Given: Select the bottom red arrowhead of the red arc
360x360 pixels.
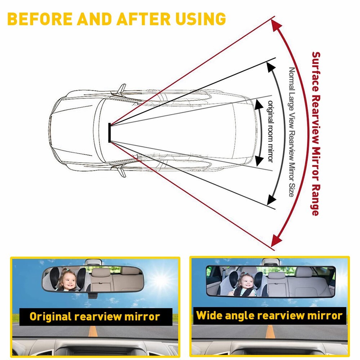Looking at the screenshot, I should click(276, 239).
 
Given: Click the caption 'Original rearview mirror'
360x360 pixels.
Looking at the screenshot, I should click(95, 316).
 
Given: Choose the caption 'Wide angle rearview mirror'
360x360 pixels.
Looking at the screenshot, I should click(269, 316).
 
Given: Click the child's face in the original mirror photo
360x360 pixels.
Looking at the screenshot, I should click(67, 280).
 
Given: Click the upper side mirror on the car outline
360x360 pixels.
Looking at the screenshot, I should click(122, 88).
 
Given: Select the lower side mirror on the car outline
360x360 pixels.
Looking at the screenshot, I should click(122, 172).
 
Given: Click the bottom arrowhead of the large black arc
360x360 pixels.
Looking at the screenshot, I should click(272, 199).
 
